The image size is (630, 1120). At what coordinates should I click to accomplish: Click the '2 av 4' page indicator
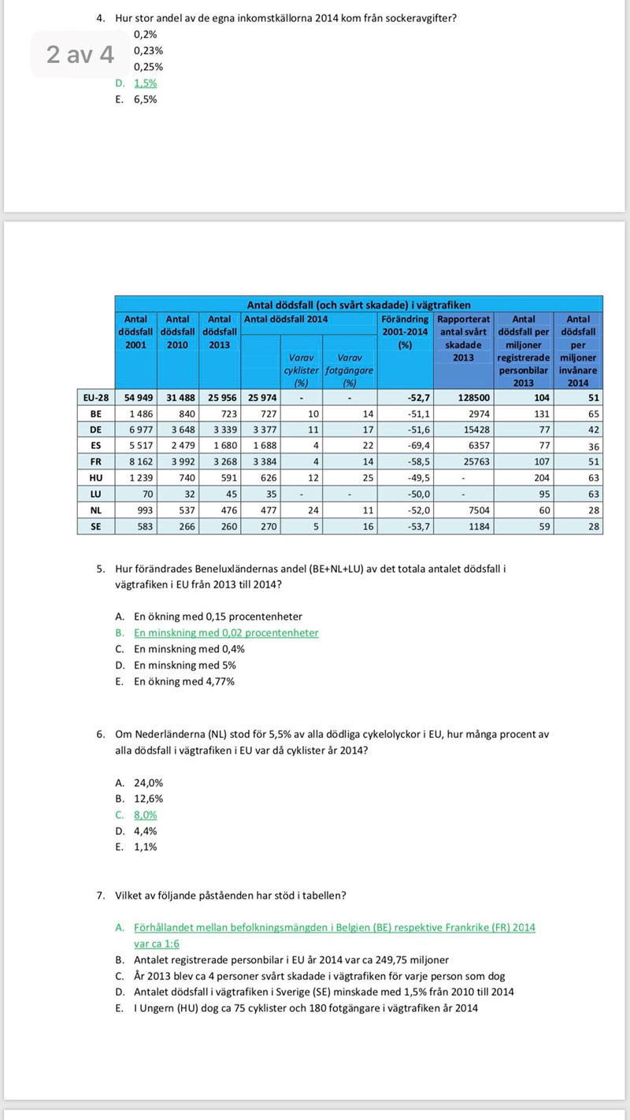tap(80, 54)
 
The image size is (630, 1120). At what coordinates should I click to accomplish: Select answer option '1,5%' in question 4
tap(145, 83)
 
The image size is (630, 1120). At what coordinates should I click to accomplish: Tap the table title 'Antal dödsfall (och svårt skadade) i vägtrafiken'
tap(359, 304)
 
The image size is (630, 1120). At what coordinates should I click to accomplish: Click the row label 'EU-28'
tap(96, 398)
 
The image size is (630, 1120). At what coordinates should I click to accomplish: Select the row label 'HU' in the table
tap(96, 477)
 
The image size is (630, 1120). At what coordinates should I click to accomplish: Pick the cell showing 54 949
tap(136, 398)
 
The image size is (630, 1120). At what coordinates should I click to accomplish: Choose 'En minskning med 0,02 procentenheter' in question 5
tap(226, 633)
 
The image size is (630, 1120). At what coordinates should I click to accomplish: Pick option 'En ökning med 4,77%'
tap(183, 682)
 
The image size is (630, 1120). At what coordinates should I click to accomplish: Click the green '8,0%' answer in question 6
tap(145, 815)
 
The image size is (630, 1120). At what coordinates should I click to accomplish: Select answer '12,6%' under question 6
tap(148, 799)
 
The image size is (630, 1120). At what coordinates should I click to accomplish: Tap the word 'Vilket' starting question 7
tap(130, 896)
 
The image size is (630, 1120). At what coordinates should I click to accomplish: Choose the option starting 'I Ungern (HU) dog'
tap(306, 1008)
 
